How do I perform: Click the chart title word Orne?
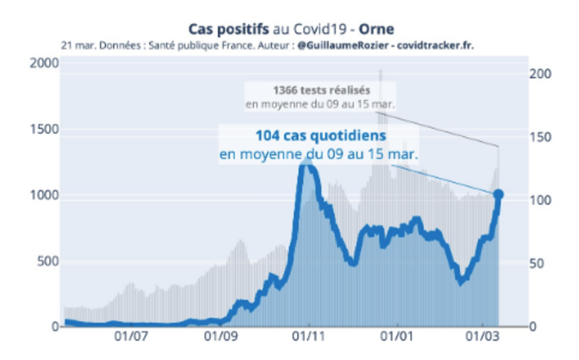[377, 29]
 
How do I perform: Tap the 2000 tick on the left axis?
[44, 63]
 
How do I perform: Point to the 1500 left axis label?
[44, 129]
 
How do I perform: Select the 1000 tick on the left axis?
[44, 195]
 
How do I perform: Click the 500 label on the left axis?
[48, 261]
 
